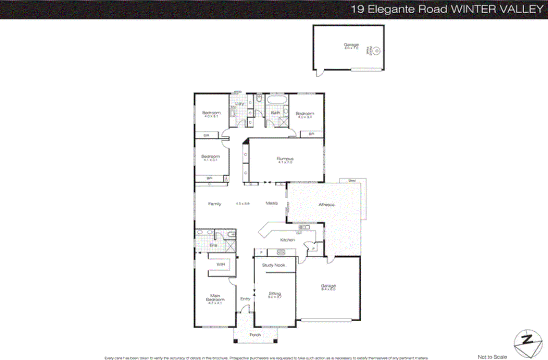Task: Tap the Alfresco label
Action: (x=326, y=205)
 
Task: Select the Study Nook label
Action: (x=273, y=265)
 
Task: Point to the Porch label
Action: (x=255, y=335)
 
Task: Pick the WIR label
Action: (x=221, y=264)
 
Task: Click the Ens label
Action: (x=213, y=245)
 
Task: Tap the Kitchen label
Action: (x=287, y=240)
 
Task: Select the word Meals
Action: (x=272, y=203)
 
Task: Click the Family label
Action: (x=214, y=204)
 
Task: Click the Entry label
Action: (x=245, y=299)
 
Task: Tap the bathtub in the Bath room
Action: (x=277, y=100)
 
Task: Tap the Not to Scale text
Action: (x=492, y=357)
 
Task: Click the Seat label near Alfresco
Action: (x=352, y=180)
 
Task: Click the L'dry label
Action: (x=239, y=103)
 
